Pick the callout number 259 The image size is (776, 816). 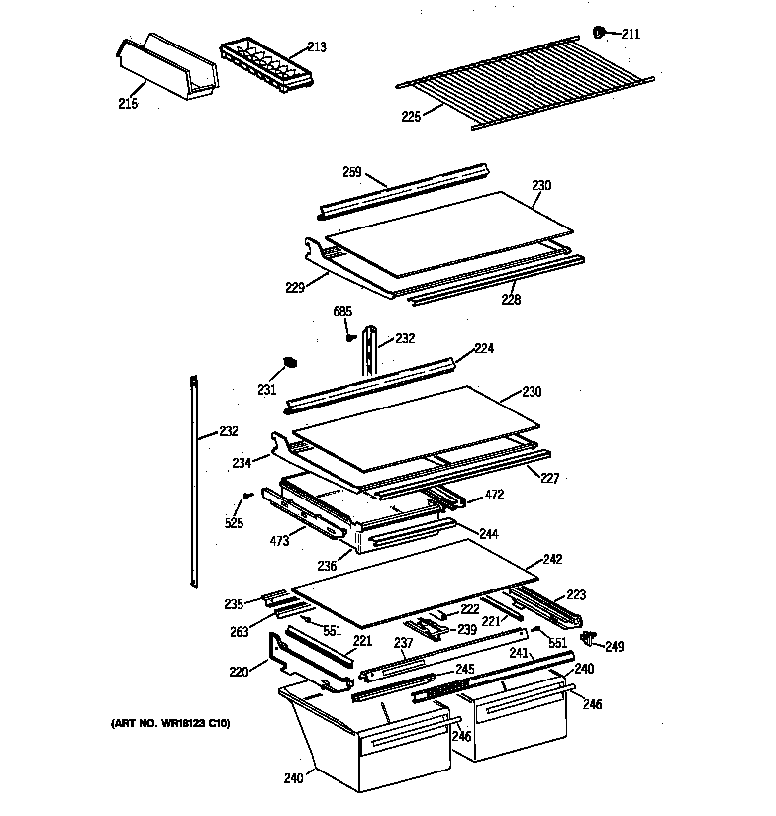(352, 171)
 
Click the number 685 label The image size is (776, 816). (342, 312)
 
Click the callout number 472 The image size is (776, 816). (496, 494)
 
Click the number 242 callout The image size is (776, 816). (552, 559)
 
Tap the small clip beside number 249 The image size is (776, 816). (590, 636)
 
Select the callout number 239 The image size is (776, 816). (466, 629)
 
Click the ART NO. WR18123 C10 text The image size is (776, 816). (169, 724)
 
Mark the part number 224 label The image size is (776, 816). (484, 348)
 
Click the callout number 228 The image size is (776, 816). (509, 299)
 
